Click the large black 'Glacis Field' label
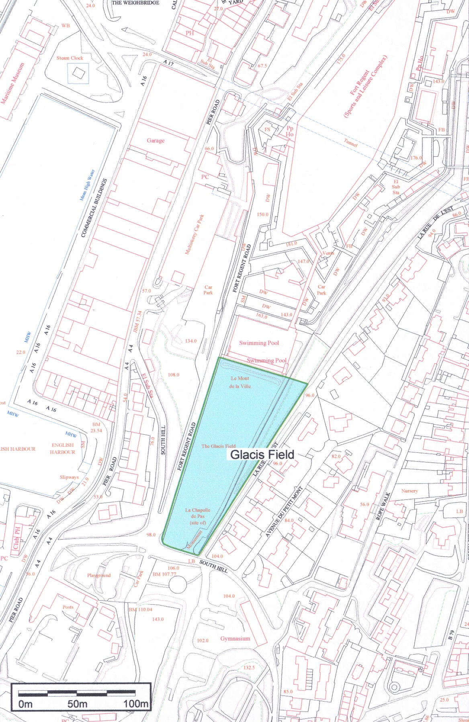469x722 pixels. [262, 454]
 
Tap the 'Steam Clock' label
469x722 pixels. [70, 58]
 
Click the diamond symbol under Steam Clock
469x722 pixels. [78, 73]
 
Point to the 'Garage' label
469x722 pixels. [156, 141]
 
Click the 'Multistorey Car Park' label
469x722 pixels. [195, 234]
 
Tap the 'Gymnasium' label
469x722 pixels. [235, 638]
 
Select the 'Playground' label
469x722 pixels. [99, 575]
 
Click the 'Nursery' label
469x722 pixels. [410, 491]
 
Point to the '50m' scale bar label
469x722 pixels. [77, 704]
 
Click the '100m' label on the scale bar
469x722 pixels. [135, 704]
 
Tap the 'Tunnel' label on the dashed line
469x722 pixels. [350, 142]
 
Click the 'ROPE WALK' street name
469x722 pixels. [383, 506]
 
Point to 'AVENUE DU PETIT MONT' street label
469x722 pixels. [284, 512]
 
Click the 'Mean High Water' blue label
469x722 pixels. [87, 185]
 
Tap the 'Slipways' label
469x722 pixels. [69, 477]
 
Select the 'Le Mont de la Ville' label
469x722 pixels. [240, 382]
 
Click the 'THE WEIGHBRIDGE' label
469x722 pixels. [135, 2]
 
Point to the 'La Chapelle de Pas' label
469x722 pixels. [197, 516]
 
